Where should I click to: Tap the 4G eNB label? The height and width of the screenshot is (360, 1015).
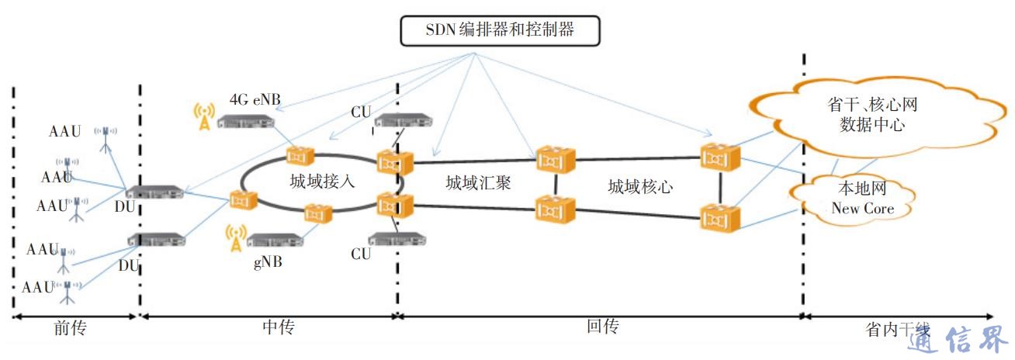[x=255, y=99]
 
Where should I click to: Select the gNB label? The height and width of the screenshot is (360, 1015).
[x=268, y=261]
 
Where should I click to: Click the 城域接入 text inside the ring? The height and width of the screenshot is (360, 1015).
[x=321, y=182]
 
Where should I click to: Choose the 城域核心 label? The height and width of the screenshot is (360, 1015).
[x=639, y=186]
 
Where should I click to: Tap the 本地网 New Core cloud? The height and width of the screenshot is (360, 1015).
[x=862, y=199]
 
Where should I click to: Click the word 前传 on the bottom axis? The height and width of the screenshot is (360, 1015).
[x=70, y=329]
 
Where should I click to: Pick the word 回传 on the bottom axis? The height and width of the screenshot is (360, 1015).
[x=601, y=327]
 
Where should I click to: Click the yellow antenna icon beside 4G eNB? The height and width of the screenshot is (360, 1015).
[x=203, y=116]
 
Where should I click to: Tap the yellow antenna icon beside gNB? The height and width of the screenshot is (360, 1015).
[x=236, y=238]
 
